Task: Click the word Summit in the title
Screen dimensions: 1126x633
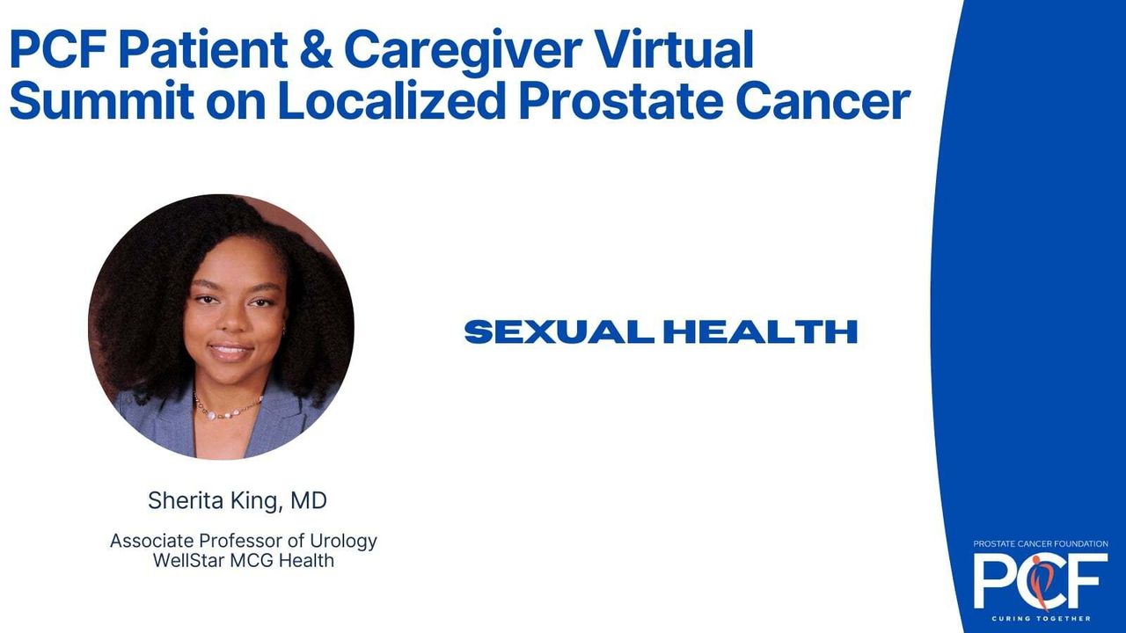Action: point(102,100)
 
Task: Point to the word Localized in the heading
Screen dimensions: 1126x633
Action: point(391,99)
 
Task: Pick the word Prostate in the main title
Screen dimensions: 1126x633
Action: point(621,100)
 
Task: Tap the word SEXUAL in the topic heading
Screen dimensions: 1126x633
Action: point(559,331)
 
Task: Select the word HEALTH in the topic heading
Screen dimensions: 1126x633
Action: point(760,331)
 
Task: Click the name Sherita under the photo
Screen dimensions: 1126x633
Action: point(186,500)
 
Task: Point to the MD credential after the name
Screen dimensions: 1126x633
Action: point(309,501)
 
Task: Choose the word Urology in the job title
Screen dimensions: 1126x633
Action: point(343,542)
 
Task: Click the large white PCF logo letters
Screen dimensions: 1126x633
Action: point(1041,581)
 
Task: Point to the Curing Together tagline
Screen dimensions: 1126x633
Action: point(1041,618)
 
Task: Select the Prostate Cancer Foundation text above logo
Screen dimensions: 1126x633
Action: point(1041,543)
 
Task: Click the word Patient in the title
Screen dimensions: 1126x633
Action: point(203,49)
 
